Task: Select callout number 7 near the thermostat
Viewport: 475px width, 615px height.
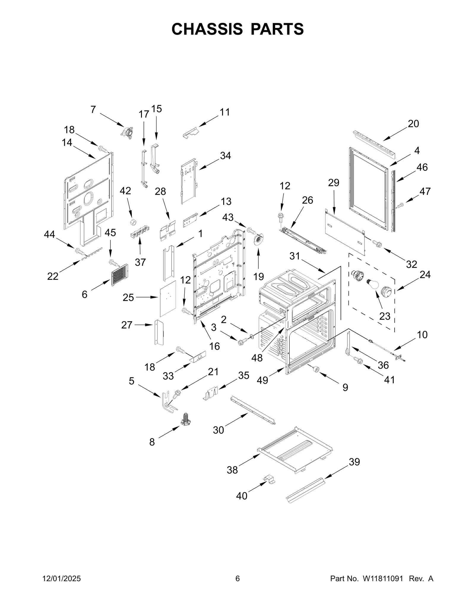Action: (x=93, y=110)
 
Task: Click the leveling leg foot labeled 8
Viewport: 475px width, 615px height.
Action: (x=186, y=418)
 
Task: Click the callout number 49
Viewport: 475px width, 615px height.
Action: (x=263, y=380)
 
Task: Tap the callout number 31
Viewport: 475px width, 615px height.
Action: (x=295, y=256)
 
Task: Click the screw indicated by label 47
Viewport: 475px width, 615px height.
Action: (x=400, y=205)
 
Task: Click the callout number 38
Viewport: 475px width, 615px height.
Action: (x=232, y=470)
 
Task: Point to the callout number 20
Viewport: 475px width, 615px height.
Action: (x=413, y=124)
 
